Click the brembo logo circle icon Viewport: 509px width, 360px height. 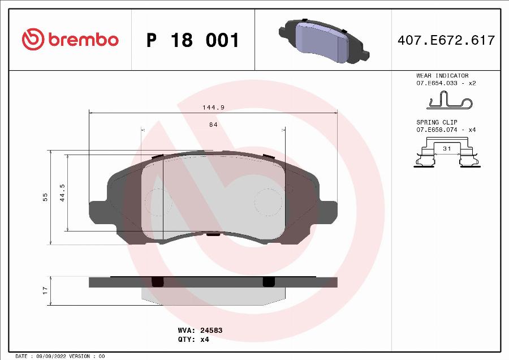[33, 40]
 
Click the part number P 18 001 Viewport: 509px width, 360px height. [193, 40]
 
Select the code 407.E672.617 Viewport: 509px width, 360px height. [446, 40]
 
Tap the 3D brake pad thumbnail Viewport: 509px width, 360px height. [324, 41]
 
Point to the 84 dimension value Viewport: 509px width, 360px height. [213, 125]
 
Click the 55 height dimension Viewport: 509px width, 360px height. [45, 197]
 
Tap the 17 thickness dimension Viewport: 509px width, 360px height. [45, 290]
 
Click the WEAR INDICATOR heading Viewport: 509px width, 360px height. [442, 75]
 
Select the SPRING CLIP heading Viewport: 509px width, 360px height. [437, 122]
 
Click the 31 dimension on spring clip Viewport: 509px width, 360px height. [446, 148]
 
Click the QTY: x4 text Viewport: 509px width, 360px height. [194, 339]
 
